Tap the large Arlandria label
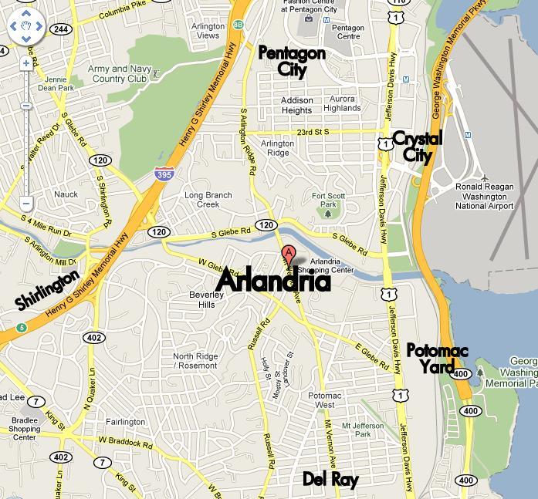(x=273, y=281)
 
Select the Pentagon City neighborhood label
(x=292, y=61)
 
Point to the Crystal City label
(x=417, y=147)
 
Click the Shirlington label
(x=47, y=290)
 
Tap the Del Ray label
(x=330, y=480)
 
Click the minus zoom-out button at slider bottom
(x=26, y=204)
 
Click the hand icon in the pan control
(x=26, y=27)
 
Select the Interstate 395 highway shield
(x=164, y=174)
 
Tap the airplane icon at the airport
(x=484, y=179)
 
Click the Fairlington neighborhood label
(x=125, y=422)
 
